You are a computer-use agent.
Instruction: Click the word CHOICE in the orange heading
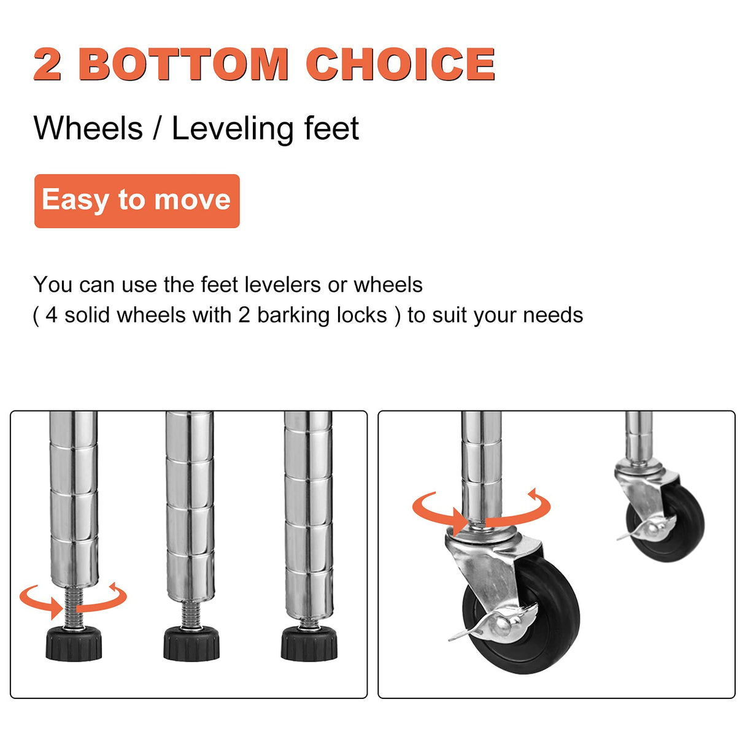coord(400,64)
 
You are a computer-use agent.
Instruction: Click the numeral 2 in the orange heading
coord(47,64)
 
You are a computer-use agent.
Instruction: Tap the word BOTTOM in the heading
coord(183,64)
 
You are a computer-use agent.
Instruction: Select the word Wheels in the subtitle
coord(88,128)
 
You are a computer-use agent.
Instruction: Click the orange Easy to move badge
coord(137,201)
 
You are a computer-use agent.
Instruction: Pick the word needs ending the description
coord(553,315)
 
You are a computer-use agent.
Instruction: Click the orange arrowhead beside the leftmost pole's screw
coord(56,608)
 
